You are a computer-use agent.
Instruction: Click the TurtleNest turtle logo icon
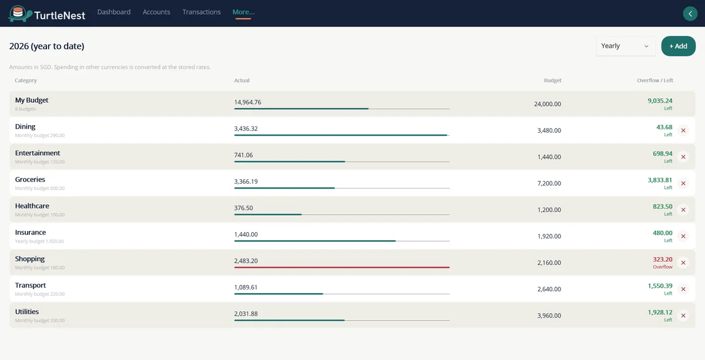[x=20, y=14]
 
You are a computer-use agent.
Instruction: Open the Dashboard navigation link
[x=114, y=12]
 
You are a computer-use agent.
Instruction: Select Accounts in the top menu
[x=156, y=12]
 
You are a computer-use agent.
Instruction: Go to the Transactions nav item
[x=202, y=12]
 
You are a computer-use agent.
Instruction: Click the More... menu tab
[x=243, y=12]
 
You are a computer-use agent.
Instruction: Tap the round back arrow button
[x=690, y=14]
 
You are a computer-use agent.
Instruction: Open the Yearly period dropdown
[x=625, y=46]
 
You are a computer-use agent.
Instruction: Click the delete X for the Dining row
[x=683, y=130]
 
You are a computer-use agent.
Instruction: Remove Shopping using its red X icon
[x=683, y=263]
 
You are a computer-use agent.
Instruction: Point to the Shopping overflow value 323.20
[x=663, y=260]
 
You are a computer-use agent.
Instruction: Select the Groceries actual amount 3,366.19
[x=246, y=181]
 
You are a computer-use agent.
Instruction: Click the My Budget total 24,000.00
[x=548, y=104]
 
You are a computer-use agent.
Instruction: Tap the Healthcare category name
[x=32, y=206]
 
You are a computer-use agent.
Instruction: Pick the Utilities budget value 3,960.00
[x=549, y=315]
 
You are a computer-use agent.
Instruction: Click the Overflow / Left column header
[x=655, y=80]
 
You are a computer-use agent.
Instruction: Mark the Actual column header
[x=241, y=80]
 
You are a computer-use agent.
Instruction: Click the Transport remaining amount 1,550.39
[x=660, y=286]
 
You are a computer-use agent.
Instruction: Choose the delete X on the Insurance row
[x=683, y=236]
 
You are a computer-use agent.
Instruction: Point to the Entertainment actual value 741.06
[x=243, y=155]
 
